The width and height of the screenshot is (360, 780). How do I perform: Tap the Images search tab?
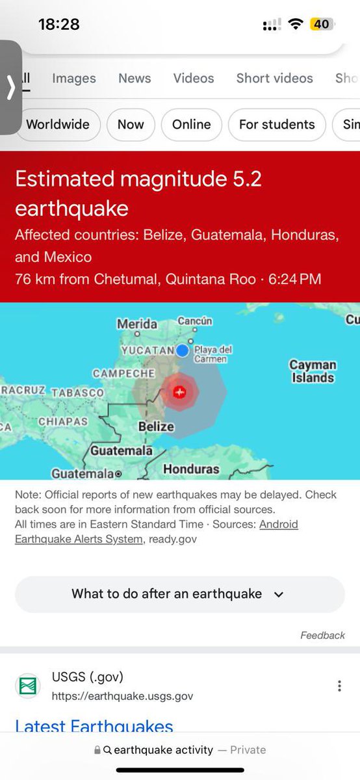[x=73, y=78]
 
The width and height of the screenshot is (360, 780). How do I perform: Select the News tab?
[x=135, y=78]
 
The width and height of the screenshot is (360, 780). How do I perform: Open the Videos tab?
[x=194, y=78]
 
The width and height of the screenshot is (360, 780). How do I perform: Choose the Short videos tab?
[x=274, y=78]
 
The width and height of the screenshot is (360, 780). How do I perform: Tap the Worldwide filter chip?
[x=58, y=124]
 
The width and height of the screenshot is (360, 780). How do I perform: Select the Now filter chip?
[x=131, y=124]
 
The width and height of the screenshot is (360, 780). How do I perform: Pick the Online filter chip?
[x=192, y=124]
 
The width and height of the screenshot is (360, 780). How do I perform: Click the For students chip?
[x=277, y=124]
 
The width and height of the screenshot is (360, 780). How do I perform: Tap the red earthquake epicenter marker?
[x=180, y=392]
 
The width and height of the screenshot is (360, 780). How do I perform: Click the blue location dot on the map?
[x=183, y=351]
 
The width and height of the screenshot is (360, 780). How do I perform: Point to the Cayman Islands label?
[x=313, y=371]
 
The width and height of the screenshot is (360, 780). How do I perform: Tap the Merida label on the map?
[x=137, y=324]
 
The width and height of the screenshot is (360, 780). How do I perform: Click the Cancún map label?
[x=195, y=321]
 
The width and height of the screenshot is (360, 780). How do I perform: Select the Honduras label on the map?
[x=191, y=469]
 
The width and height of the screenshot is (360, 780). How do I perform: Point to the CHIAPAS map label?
[x=63, y=421]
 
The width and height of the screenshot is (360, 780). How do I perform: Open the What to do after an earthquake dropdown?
[x=179, y=593]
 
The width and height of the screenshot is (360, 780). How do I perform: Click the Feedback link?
[x=322, y=635]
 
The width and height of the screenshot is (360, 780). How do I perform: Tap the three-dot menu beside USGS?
[x=339, y=686]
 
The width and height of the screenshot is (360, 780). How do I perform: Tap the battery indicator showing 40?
[x=321, y=24]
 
